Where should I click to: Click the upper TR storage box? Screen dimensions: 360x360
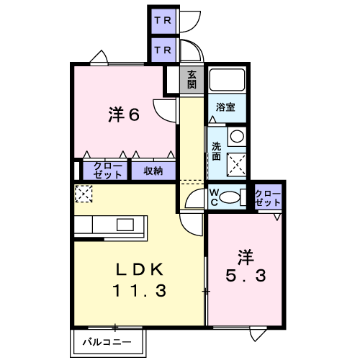(x=163, y=21)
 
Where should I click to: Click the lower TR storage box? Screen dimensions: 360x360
(x=163, y=50)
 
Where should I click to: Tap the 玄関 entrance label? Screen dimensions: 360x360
(x=192, y=80)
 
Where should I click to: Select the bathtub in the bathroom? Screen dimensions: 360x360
(x=227, y=79)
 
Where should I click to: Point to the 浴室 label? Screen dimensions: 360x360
(x=225, y=107)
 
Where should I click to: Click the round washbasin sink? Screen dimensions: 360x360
(x=237, y=136)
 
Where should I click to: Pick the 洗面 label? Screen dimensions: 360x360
(x=216, y=151)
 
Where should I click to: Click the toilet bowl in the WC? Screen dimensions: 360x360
(x=230, y=197)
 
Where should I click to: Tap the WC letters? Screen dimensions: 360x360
(x=214, y=197)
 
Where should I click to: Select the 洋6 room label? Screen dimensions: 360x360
(x=124, y=114)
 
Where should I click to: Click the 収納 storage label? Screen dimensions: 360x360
(x=153, y=171)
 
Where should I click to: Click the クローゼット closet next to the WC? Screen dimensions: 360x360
(x=268, y=197)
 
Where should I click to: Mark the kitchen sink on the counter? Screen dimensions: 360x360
(x=125, y=225)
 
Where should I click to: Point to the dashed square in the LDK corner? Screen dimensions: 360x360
(x=84, y=194)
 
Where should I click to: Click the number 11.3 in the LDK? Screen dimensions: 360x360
(x=140, y=291)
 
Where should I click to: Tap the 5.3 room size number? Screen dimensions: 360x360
(x=246, y=275)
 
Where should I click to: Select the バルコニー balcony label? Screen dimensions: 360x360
(x=107, y=342)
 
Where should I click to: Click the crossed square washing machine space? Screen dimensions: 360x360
(x=237, y=164)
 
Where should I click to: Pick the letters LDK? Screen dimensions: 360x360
(x=140, y=269)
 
